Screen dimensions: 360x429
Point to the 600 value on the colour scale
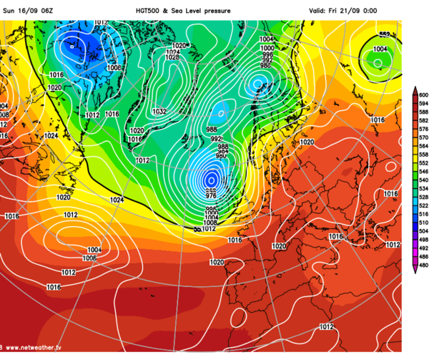point(423,94)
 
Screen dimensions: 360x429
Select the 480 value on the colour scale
point(423,265)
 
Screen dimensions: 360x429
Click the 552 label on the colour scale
point(423,162)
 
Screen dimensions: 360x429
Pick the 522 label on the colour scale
point(423,205)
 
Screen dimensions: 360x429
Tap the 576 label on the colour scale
point(423,129)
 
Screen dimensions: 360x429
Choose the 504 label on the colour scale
point(423,230)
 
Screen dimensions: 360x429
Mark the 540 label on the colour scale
point(423,180)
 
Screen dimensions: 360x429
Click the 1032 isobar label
point(159,112)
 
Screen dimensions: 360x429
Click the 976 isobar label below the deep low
point(210,195)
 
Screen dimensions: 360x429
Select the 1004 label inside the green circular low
point(380,49)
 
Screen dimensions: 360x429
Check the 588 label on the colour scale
point(423,112)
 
